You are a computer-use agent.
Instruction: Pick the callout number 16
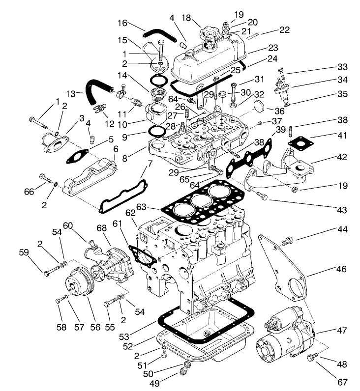pos(123,23)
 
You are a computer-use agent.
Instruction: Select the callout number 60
pos(67,225)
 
